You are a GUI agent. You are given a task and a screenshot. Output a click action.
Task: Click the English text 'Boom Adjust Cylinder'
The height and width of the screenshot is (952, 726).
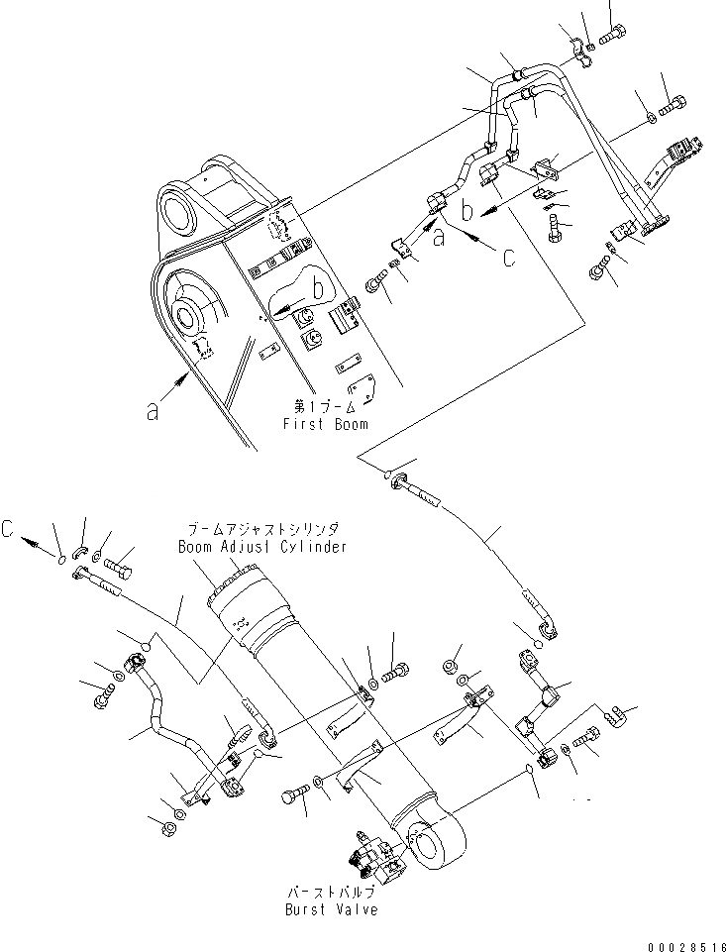pyautogui.click(x=262, y=547)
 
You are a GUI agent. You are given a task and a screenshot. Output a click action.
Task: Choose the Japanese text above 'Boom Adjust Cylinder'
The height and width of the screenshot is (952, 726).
pyautogui.click(x=262, y=531)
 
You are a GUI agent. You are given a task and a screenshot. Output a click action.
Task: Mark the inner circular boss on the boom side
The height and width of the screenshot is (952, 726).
pyautogui.click(x=189, y=318)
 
